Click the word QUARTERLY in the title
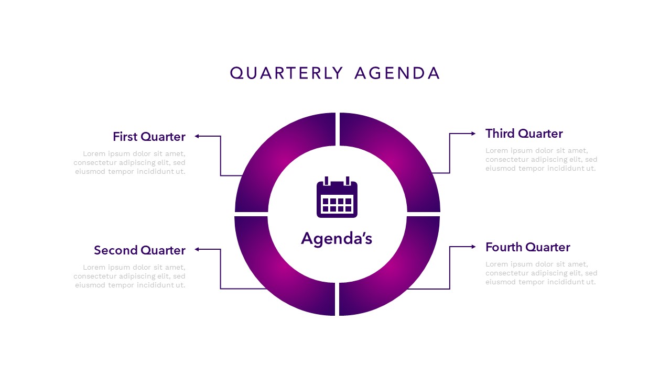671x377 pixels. click(286, 73)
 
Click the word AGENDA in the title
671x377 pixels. click(397, 73)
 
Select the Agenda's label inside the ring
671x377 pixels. click(337, 239)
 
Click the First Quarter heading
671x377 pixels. click(149, 137)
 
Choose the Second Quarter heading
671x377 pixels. click(139, 250)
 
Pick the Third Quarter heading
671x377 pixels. click(524, 134)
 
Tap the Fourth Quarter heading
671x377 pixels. click(527, 247)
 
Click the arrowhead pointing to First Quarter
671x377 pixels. click(198, 136)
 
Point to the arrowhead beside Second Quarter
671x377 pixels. click(198, 249)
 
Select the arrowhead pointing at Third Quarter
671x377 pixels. click(473, 134)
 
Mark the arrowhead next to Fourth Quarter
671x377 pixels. click(473, 247)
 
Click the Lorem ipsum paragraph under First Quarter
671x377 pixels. click(130, 162)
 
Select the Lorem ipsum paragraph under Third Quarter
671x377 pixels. click(541, 159)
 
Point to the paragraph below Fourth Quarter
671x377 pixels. click(541, 273)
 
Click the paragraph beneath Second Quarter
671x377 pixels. click(130, 276)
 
